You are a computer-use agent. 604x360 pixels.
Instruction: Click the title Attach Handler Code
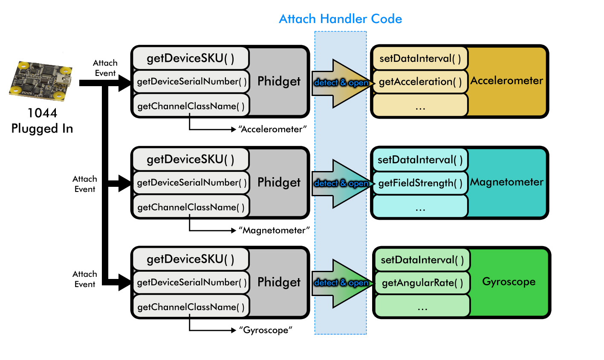[x=340, y=19]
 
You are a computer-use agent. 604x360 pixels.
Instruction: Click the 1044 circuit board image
[x=41, y=80]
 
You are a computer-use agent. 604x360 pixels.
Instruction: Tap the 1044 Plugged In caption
[x=42, y=121]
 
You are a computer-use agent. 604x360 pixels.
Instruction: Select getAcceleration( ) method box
[x=420, y=82]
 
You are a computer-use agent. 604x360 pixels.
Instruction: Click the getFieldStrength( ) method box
[x=420, y=183]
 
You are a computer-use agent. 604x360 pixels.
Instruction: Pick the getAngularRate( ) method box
[x=422, y=283]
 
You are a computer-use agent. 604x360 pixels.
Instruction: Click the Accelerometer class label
[x=506, y=81]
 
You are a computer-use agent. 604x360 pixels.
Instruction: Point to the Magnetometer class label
[x=506, y=182]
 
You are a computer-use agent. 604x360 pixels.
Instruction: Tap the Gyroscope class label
[x=509, y=282]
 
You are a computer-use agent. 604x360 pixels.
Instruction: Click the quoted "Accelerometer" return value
[x=272, y=129]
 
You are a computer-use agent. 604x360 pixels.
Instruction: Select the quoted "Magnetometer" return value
[x=274, y=230]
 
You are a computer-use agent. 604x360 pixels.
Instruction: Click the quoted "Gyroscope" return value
[x=266, y=330]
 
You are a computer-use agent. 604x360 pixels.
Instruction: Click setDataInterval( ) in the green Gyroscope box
[x=422, y=260]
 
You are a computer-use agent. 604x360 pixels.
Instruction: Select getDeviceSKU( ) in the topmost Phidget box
[x=191, y=58]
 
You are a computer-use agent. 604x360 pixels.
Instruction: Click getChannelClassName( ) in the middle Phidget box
[x=191, y=207]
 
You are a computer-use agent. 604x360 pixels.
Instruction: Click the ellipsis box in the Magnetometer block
[x=420, y=208]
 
